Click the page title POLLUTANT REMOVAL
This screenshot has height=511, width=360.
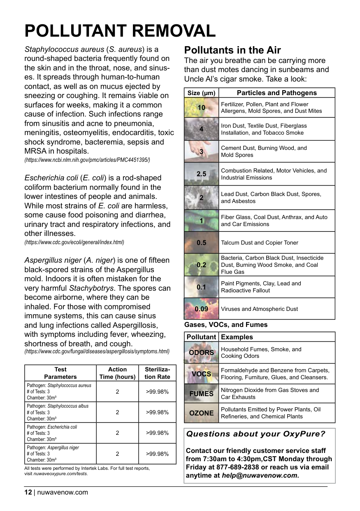pos(120,31)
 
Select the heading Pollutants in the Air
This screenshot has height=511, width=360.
pos(232,50)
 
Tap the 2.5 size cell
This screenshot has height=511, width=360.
pos(201,174)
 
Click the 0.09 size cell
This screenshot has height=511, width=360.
pos(201,309)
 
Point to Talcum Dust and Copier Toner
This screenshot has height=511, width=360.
pos(259,243)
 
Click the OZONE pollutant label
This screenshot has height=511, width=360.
pos(201,413)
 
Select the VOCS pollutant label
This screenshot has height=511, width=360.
pos(201,374)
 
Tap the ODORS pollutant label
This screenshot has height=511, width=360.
pos(201,352)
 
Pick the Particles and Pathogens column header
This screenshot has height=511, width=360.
pos(276,93)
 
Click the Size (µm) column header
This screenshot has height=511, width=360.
pos(201,93)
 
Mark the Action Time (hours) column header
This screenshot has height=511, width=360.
pos(117,373)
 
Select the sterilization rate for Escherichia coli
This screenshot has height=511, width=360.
pos(158,433)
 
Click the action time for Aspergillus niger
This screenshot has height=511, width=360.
pos(117,454)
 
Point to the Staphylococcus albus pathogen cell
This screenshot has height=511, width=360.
pos(60,412)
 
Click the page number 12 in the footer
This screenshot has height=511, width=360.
pos(28,492)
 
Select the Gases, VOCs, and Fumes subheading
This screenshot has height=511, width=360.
pos(226,324)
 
